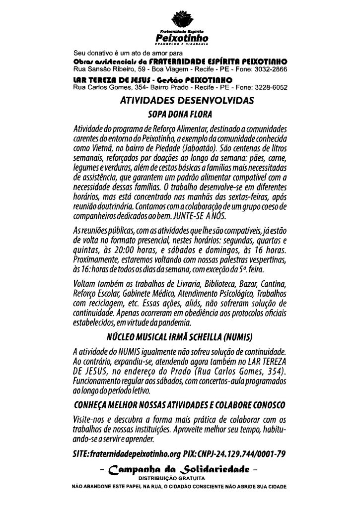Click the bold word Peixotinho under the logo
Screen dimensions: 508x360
[x=179, y=38]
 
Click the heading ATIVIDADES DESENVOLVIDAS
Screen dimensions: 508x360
[x=187, y=100]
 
